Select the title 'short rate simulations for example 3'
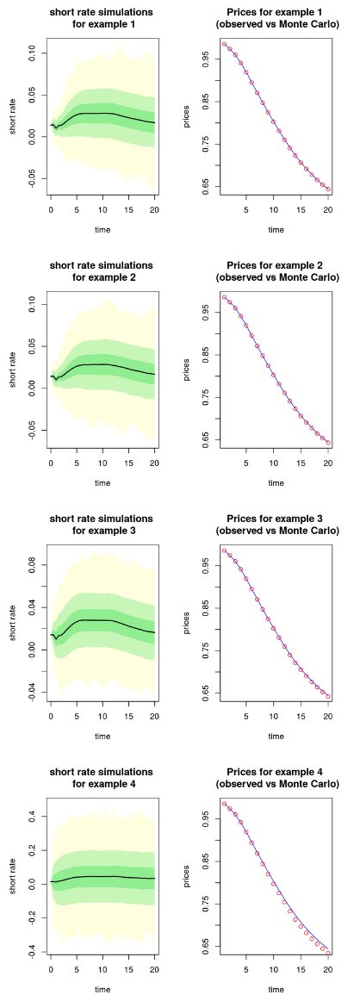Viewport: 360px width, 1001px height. [x=102, y=525]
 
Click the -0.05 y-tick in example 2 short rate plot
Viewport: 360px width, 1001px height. [x=32, y=430]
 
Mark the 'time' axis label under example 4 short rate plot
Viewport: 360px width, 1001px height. [x=102, y=989]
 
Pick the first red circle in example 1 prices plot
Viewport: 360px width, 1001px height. [x=224, y=44]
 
